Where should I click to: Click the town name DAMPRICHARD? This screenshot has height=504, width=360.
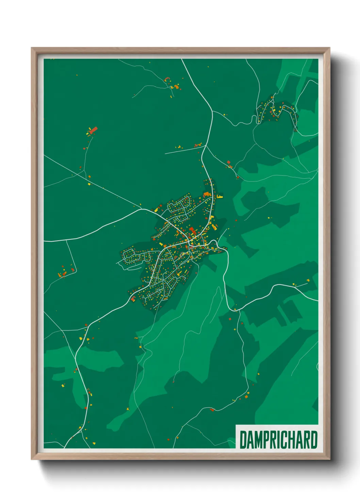[x=278, y=440]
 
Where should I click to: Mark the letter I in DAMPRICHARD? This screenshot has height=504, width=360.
[x=280, y=440]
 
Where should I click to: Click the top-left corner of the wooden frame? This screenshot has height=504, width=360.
[x=32, y=48]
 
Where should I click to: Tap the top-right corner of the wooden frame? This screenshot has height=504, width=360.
[x=329, y=48]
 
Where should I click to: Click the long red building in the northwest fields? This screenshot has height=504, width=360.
[x=93, y=130]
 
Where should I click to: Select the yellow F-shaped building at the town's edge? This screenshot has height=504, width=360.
[x=220, y=196]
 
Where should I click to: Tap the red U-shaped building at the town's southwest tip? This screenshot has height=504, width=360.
[x=133, y=299]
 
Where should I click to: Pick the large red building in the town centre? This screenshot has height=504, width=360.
[x=192, y=230]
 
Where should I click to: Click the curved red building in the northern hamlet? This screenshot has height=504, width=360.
[x=167, y=79]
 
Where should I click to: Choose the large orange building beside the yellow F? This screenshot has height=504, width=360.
[x=207, y=194]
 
